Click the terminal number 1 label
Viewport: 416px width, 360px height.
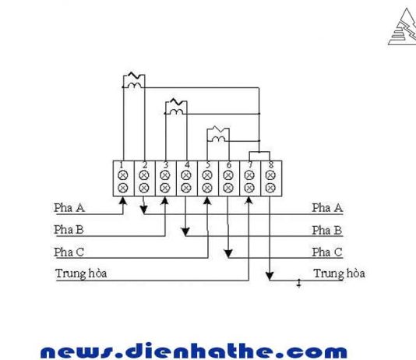[122, 165]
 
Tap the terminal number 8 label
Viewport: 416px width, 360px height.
[271, 165]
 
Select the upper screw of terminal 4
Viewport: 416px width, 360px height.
[186, 175]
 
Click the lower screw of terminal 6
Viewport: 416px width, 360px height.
[228, 188]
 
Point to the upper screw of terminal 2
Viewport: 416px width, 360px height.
[144, 175]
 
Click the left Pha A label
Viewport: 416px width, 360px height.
[69, 208]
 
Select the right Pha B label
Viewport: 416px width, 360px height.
[327, 231]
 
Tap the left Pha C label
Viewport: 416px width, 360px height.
[69, 252]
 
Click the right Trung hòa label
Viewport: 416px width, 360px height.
[339, 274]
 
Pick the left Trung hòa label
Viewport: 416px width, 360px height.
[81, 274]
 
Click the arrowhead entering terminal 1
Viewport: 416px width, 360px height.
[122, 201]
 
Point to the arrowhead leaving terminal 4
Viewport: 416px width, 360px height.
[185, 231]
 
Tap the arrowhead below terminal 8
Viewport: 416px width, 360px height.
[270, 276]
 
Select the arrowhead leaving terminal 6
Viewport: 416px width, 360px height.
[228, 253]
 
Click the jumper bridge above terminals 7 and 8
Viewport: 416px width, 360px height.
[259, 152]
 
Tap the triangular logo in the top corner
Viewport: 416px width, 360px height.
[403, 26]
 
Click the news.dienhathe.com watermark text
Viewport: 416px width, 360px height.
[194, 351]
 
